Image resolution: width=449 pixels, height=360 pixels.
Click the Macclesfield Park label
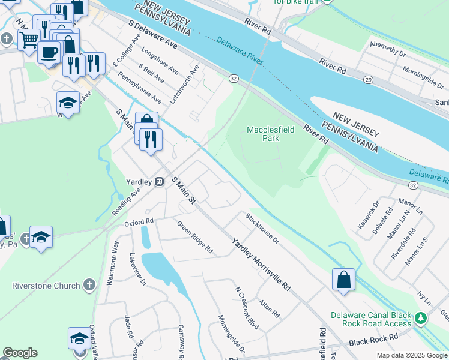tap(263, 134)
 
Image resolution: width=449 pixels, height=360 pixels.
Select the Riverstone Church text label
tap(46, 286)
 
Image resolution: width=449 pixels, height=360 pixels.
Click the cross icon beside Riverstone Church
tap(89, 285)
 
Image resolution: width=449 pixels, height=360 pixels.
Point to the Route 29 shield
tap(368, 79)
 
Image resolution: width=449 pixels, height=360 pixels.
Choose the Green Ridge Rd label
tap(194, 236)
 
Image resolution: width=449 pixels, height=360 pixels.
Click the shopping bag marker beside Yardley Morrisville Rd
tap(343, 280)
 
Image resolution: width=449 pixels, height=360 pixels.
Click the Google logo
tap(20, 353)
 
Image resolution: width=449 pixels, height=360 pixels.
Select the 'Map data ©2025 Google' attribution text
tap(412, 355)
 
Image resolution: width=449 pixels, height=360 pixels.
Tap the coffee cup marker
tap(49, 52)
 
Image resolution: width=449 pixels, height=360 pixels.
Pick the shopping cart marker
tap(28, 40)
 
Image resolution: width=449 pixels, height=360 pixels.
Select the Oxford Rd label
tap(139, 222)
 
